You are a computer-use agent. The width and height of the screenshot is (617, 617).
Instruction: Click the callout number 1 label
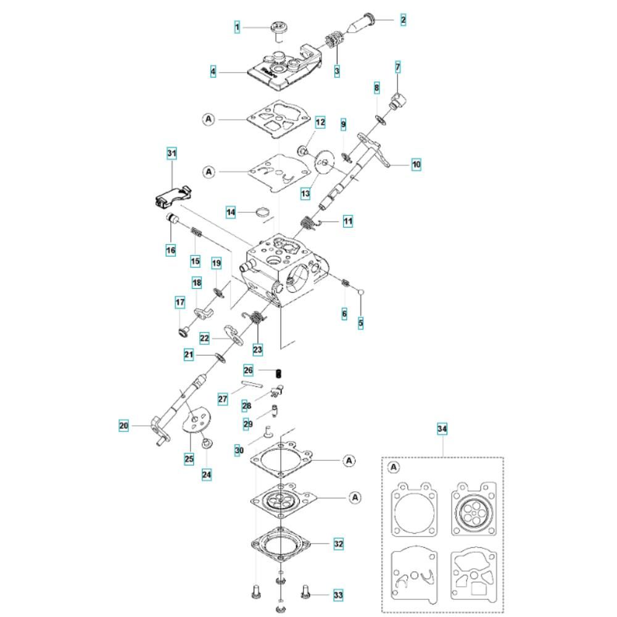pyautogui.click(x=237, y=27)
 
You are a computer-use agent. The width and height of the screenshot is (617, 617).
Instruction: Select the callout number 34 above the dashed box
pyautogui.click(x=442, y=429)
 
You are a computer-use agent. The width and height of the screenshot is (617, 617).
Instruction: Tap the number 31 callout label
pyautogui.click(x=172, y=153)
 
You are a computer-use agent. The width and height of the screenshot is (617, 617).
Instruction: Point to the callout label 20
pyautogui.click(x=124, y=425)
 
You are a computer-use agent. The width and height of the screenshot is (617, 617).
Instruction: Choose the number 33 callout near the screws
pyautogui.click(x=338, y=595)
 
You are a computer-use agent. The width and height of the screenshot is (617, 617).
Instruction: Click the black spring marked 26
pyautogui.click(x=279, y=372)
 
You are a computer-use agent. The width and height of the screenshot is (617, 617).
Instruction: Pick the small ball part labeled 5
pyautogui.click(x=360, y=292)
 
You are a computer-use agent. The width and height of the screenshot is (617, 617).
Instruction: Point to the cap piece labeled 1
pyautogui.click(x=280, y=28)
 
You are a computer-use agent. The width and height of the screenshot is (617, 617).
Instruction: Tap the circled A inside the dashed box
pyautogui.click(x=394, y=467)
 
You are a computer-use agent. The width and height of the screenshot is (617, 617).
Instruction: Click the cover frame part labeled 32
pyautogui.click(x=281, y=545)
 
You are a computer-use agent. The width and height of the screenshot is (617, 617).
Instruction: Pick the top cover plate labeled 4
pyautogui.click(x=284, y=68)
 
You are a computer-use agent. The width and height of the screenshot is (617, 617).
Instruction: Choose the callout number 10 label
pyautogui.click(x=416, y=164)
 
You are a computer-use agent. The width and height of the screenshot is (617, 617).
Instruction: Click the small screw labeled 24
pyautogui.click(x=205, y=444)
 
